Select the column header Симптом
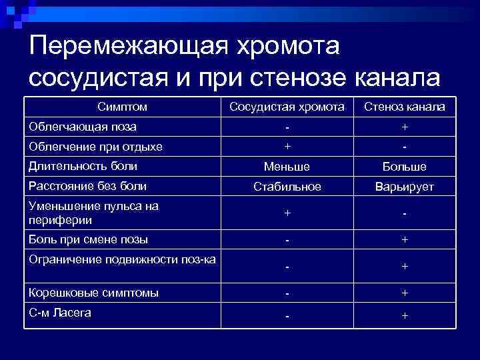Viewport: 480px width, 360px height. pyautogui.click(x=122, y=107)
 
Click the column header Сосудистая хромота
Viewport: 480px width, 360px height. pyautogui.click(x=287, y=107)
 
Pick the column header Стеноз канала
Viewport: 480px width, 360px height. pyautogui.click(x=405, y=107)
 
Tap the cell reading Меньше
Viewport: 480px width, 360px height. pyautogui.click(x=287, y=167)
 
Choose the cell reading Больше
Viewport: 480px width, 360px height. pyautogui.click(x=405, y=167)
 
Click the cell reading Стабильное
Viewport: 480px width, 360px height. pyautogui.click(x=287, y=187)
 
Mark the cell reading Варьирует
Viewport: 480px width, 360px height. pyautogui.click(x=405, y=187)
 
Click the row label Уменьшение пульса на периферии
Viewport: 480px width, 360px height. pyautogui.click(x=93, y=213)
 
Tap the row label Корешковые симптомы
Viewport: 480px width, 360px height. pyautogui.click(x=93, y=292)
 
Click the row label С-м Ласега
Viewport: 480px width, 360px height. pyautogui.click(x=59, y=313)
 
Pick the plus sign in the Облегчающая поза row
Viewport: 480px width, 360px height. pyautogui.click(x=405, y=127)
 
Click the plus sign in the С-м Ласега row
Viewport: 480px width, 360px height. pyautogui.click(x=405, y=315)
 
